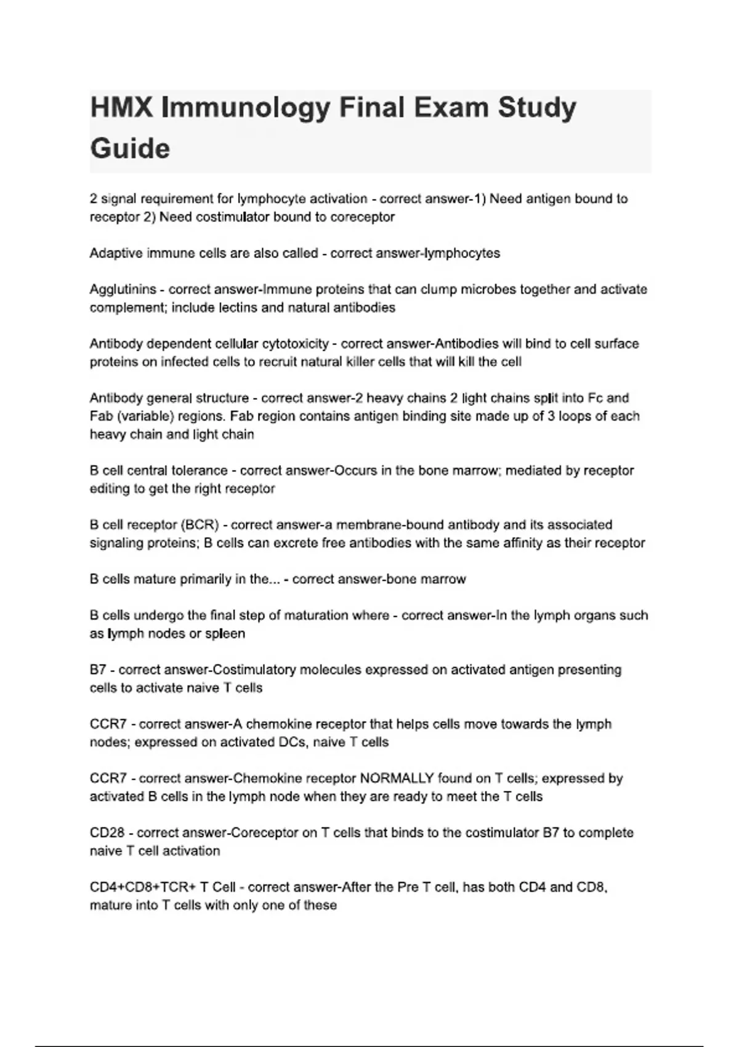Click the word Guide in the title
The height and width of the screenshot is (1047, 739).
pos(130,149)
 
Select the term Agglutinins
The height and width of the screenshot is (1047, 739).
pos(123,289)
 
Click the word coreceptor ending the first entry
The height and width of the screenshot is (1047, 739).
pos(363,217)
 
